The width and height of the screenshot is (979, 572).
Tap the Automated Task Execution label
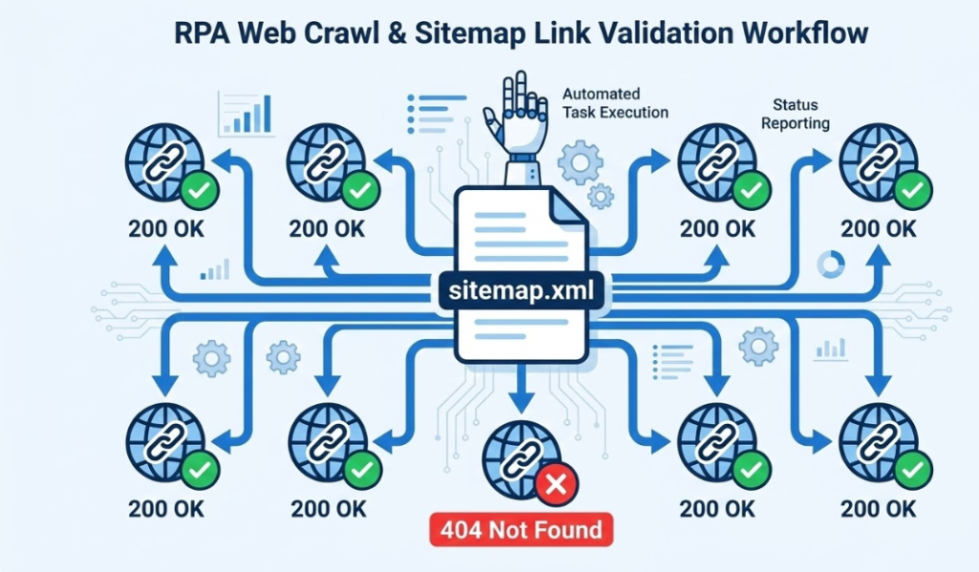615,103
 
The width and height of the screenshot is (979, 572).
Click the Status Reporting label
801,114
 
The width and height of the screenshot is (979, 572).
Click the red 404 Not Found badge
521,529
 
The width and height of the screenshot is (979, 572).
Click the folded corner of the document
569,206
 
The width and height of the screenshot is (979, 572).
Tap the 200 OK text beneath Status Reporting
878,229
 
